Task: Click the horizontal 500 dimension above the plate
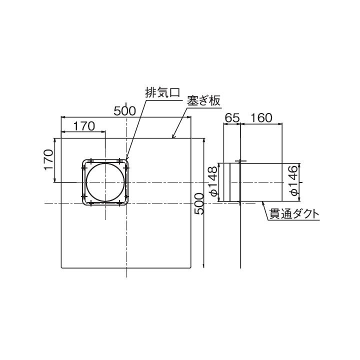(124, 111)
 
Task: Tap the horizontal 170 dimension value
(84, 126)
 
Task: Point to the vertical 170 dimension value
(48, 159)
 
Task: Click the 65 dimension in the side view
(231, 118)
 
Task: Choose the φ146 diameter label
(293, 181)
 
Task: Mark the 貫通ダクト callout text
(293, 214)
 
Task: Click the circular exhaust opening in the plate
(105, 182)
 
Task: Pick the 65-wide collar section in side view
(231, 182)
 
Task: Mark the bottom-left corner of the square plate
(61, 267)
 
